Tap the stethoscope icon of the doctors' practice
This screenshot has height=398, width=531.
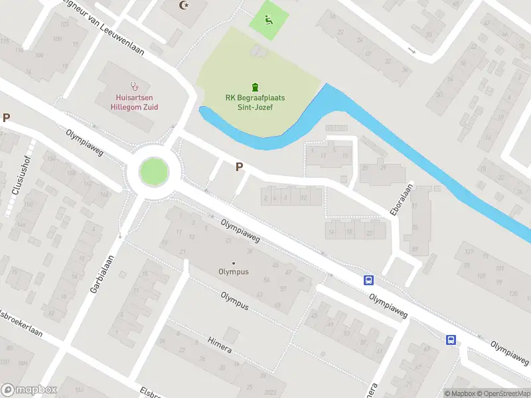(135, 86)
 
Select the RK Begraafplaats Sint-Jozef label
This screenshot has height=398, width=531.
(255, 101)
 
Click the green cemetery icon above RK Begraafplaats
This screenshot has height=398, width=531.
(255, 86)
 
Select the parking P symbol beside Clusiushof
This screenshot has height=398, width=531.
(7, 118)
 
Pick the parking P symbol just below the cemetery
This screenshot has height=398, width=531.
(238, 168)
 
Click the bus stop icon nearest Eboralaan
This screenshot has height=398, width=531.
(368, 280)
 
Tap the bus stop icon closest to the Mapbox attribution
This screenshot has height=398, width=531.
(451, 340)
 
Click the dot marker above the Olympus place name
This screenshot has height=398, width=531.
(234, 263)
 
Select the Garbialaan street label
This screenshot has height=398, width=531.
(104, 274)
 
